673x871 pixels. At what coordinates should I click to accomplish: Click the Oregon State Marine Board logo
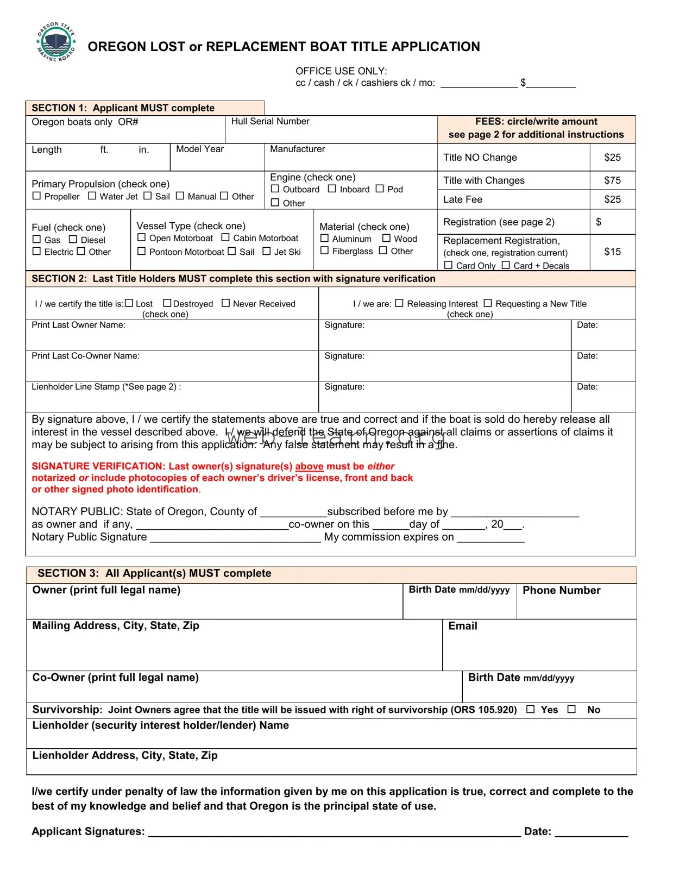click(x=56, y=42)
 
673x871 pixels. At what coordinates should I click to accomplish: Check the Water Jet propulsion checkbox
click(x=92, y=196)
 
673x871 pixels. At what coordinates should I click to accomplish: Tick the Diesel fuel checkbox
click(x=73, y=239)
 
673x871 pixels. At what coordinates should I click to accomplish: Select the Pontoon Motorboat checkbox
click(x=141, y=251)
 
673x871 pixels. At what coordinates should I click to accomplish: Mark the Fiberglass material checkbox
click(x=324, y=250)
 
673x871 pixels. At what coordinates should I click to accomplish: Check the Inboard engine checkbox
click(x=332, y=189)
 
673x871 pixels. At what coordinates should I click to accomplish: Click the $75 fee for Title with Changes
click(x=612, y=180)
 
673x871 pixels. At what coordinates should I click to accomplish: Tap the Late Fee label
click(x=462, y=199)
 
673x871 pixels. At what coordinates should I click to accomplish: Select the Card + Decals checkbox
click(x=506, y=265)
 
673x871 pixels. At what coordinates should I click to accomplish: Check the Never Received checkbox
click(x=225, y=303)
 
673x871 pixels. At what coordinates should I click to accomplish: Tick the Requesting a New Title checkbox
click(x=488, y=303)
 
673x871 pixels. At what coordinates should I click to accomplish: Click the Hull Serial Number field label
click(x=270, y=121)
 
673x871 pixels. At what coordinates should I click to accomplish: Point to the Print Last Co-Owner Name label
click(x=85, y=356)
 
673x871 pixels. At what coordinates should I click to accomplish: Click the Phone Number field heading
click(x=561, y=590)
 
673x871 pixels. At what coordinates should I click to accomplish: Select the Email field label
click(x=462, y=626)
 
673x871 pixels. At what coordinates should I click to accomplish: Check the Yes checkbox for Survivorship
click(x=530, y=709)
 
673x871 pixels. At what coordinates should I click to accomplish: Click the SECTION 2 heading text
click(x=233, y=279)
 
